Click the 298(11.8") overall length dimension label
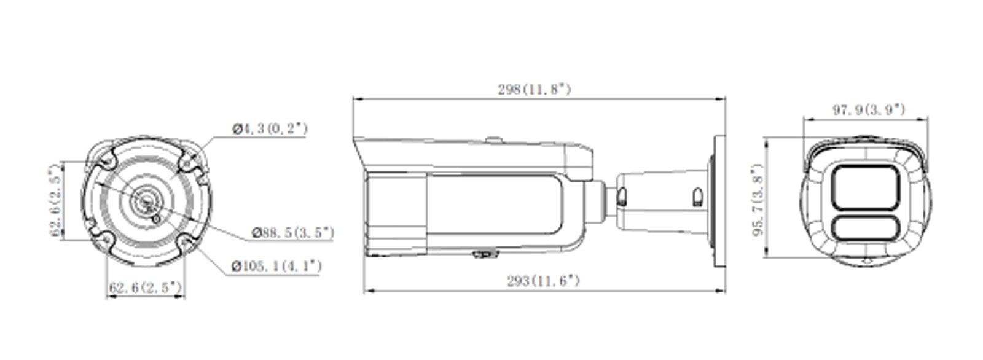[535, 90]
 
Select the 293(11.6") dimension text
[543, 281]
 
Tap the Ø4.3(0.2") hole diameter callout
[270, 129]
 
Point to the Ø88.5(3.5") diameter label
[294, 232]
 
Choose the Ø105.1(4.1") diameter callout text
[276, 266]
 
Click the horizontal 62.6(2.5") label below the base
[146, 287]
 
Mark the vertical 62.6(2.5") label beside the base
[57, 200]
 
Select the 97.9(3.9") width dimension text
[869, 110]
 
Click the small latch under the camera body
[485, 253]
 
